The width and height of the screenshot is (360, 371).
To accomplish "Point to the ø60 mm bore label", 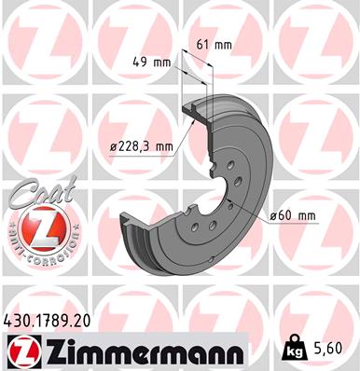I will coord(294,217).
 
